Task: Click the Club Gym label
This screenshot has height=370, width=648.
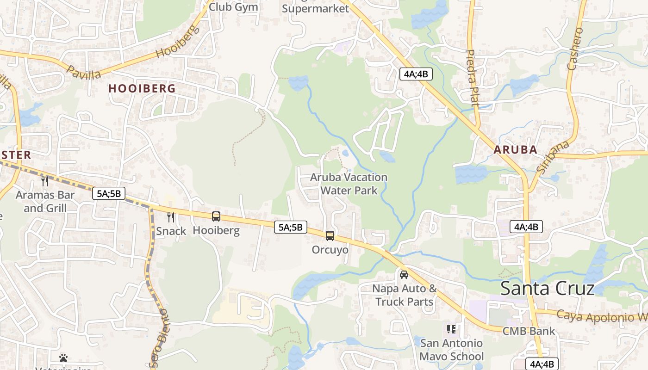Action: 233,7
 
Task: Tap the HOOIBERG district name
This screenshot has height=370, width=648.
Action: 142,88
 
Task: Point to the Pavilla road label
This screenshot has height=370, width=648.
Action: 84,73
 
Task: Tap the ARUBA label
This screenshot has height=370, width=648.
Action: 515,150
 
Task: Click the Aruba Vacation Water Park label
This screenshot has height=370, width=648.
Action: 349,184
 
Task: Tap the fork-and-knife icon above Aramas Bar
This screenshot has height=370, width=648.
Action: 45,181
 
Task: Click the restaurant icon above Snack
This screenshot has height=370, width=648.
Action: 171,217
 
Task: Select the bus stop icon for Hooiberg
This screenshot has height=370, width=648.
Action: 216,216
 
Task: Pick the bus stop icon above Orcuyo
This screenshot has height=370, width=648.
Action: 330,235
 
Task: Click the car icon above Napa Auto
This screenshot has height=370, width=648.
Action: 404,274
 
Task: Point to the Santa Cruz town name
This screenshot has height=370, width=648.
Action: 547,288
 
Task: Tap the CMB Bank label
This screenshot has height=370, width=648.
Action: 529,331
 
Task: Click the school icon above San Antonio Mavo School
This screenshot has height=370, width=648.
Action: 451,329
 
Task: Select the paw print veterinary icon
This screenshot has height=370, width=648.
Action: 63,358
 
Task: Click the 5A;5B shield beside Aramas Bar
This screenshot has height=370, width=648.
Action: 109,193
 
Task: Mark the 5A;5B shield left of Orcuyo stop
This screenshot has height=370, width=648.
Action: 291,227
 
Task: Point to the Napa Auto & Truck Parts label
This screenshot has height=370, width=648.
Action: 405,295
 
